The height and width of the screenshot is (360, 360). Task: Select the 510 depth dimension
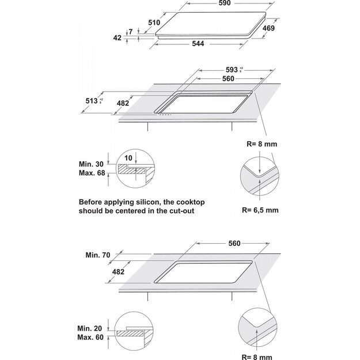154,22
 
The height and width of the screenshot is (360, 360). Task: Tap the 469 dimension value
269,27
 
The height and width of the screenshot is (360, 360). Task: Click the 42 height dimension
118,38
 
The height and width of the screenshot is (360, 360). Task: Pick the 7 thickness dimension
131,33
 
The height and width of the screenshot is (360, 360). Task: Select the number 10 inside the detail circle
128,157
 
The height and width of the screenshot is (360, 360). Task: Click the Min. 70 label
98,253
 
